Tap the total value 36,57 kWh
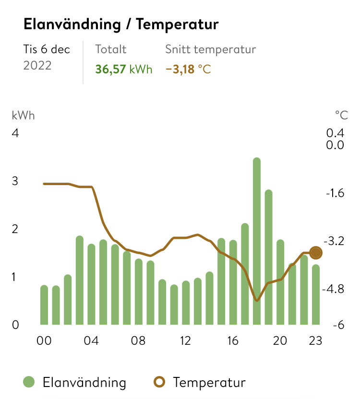pyautogui.click(x=123, y=70)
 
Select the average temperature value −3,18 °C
pyautogui.click(x=188, y=70)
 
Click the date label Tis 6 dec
pyautogui.click(x=47, y=49)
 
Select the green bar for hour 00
pyautogui.click(x=44, y=305)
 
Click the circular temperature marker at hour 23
pyautogui.click(x=316, y=253)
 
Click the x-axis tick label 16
pyautogui.click(x=233, y=341)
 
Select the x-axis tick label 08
pyautogui.click(x=138, y=341)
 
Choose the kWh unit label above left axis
pyautogui.click(x=24, y=115)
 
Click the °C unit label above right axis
pyautogui.click(x=341, y=115)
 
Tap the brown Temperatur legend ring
pyautogui.click(x=160, y=382)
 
